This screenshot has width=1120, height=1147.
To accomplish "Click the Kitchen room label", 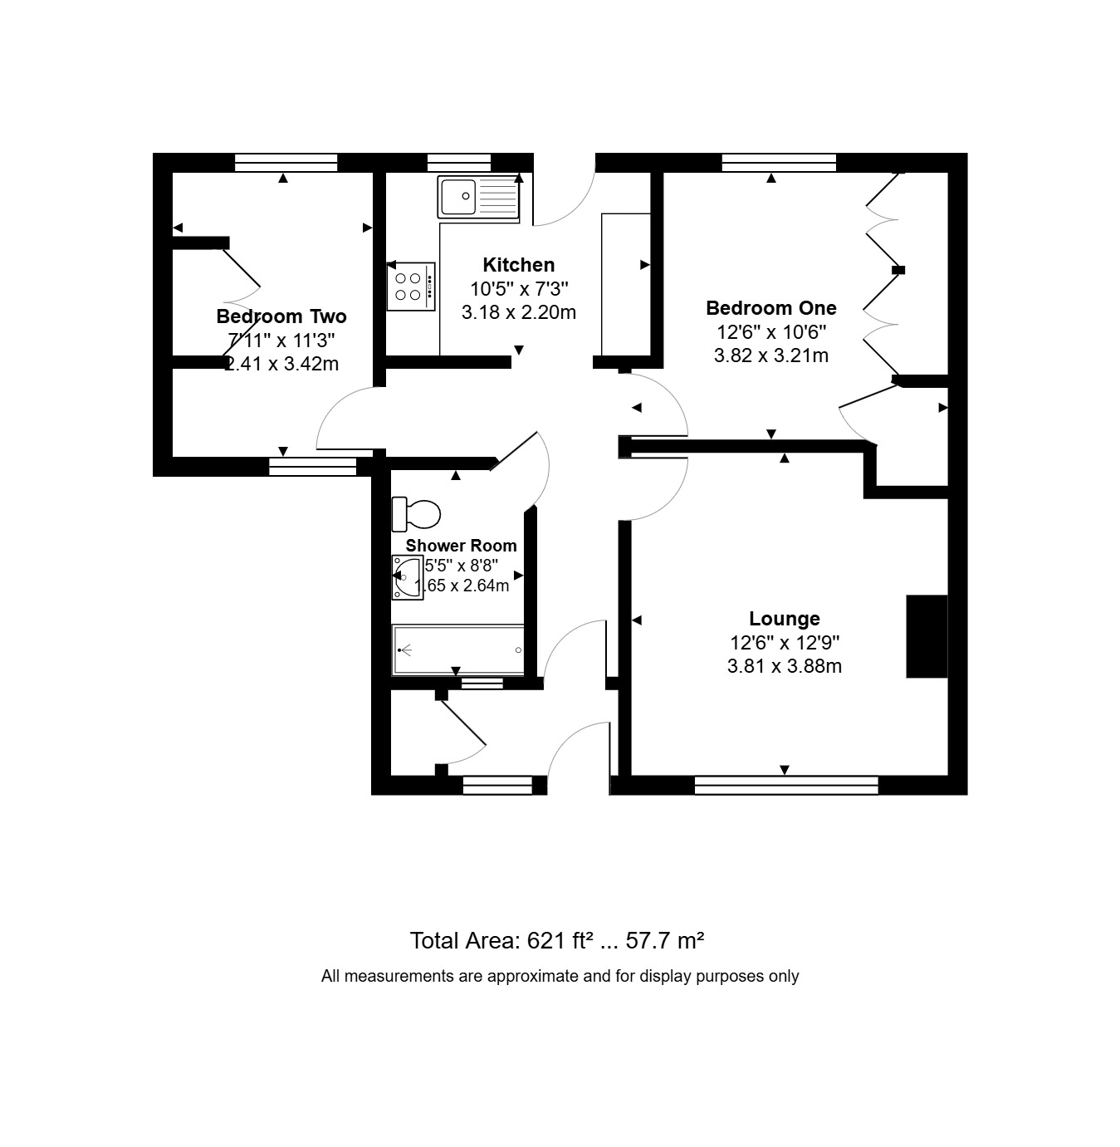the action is (518, 265).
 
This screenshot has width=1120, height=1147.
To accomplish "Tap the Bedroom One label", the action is (770, 307).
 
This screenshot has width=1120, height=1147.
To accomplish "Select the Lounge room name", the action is (785, 618).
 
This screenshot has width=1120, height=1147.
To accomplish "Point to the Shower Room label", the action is (461, 546).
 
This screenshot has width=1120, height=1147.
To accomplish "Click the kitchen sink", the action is (478, 196).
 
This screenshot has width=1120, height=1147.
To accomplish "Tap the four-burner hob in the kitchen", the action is (411, 287).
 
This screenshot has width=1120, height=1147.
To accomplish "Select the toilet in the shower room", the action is (416, 513).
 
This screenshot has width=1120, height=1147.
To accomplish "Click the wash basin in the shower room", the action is (407, 577).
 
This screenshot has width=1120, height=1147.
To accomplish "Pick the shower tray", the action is (457, 649).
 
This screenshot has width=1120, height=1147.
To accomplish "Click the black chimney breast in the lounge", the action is (927, 636).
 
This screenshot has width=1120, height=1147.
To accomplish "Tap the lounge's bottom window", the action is (786, 785).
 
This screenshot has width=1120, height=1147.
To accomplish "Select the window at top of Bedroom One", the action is (779, 162).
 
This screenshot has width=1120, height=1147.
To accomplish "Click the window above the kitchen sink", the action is (459, 162).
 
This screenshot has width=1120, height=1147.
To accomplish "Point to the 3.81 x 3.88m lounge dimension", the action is (785, 667).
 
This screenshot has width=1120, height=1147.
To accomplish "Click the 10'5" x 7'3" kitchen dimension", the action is (518, 289).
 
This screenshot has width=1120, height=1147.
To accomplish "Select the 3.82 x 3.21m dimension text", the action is (771, 355).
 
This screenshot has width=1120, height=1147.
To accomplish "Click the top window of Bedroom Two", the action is (286, 162).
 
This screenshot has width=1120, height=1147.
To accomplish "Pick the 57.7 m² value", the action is (664, 941).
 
